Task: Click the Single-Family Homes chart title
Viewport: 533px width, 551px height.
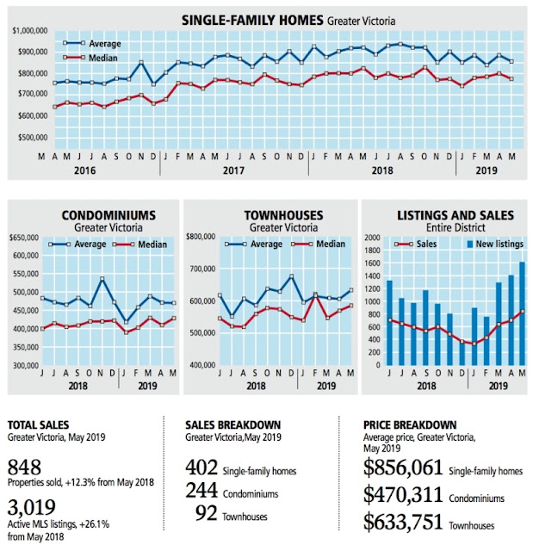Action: pos(288,21)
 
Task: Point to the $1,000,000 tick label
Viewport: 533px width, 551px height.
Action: pos(30,31)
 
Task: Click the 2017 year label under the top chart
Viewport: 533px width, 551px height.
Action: pos(233,170)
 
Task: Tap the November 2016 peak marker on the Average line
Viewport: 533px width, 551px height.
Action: pos(141,63)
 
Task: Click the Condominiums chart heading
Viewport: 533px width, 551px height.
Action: pos(108,215)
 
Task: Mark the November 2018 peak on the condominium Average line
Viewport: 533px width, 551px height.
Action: pos(102,279)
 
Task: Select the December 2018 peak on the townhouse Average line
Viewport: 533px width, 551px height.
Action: pos(291,276)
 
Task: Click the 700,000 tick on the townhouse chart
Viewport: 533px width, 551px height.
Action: pos(201,269)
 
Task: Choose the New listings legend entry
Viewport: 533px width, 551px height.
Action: pos(495,244)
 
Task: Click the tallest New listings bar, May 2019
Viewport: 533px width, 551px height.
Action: pos(522,313)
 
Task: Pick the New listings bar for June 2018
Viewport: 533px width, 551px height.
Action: pos(389,323)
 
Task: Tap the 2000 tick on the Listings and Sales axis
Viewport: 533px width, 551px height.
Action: pos(373,238)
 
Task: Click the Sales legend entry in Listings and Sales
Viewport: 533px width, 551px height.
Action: pos(415,244)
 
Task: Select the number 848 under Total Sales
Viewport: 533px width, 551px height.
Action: pos(24,467)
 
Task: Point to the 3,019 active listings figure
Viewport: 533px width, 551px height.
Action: pos(32,507)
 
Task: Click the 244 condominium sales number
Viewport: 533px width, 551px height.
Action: pos(201,490)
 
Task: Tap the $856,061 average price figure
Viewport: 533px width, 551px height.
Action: pos(403,467)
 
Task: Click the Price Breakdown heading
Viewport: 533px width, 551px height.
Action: pos(410,424)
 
